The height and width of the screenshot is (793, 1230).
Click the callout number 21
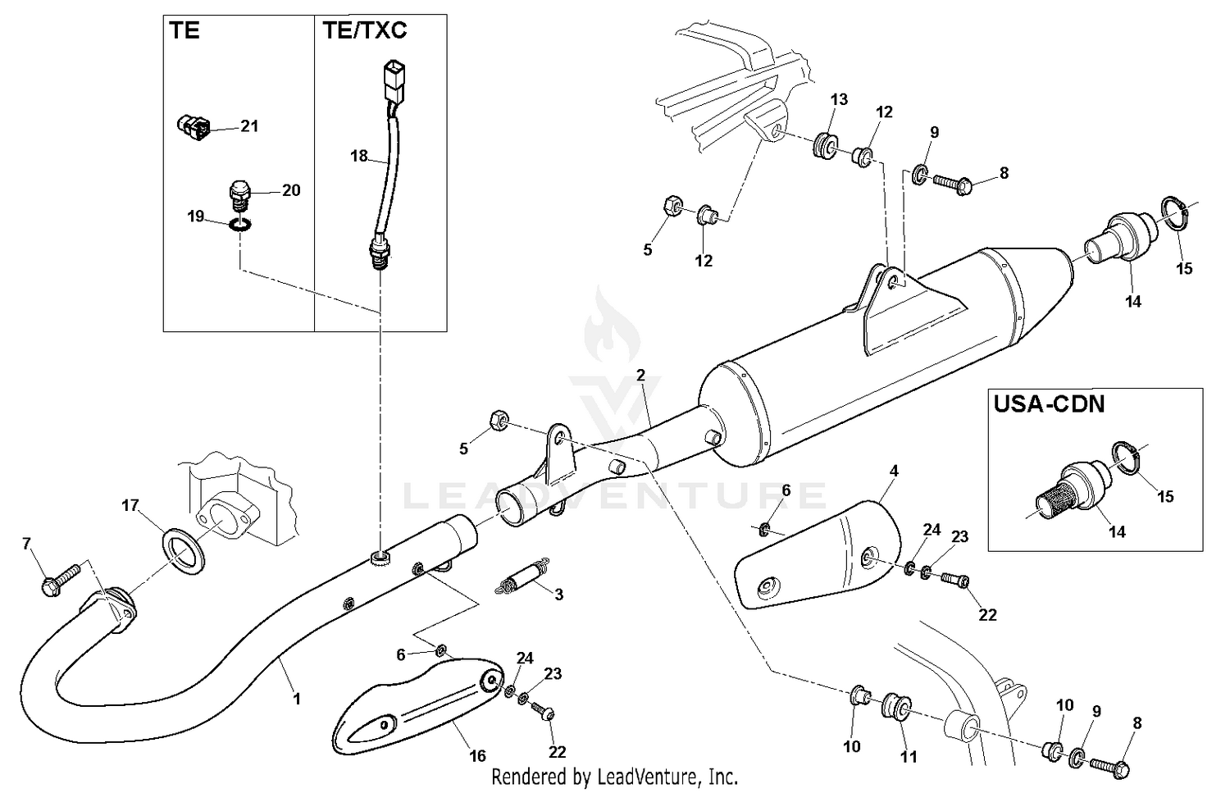tap(249, 125)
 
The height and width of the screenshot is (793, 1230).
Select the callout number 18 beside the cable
tap(359, 155)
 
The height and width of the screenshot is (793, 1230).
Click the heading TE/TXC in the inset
tap(364, 31)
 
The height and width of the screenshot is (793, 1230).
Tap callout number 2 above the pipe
tap(640, 375)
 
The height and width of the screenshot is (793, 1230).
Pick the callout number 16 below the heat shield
tap(477, 755)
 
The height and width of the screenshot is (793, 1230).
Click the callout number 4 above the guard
tap(894, 471)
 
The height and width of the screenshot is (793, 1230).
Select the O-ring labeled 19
tap(239, 223)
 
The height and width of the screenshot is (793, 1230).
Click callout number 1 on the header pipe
tap(297, 699)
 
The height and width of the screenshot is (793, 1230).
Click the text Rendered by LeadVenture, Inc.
tap(614, 776)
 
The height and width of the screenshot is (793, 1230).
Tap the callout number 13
tap(839, 99)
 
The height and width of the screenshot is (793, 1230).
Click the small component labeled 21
tap(194, 126)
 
